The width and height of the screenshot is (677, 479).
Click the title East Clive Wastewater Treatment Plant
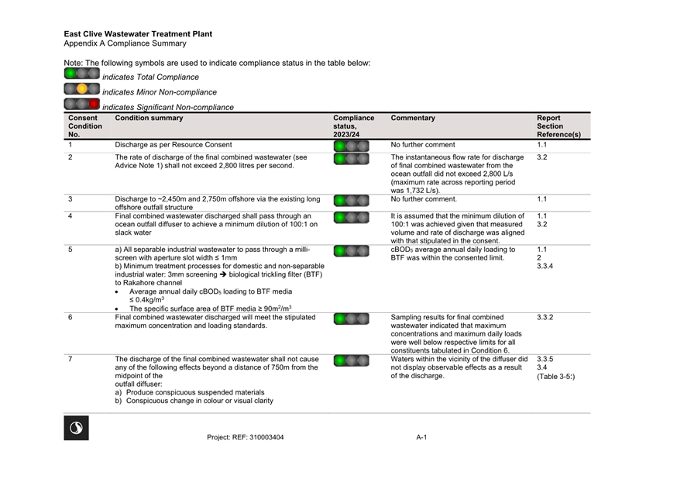click(138, 34)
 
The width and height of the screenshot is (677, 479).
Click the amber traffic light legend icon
click(82, 89)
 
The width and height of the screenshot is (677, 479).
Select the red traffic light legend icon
click(82, 104)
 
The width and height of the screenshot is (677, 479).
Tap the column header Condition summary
click(149, 119)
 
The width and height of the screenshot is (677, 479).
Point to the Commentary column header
click(413, 119)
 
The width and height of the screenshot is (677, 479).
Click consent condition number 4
click(70, 216)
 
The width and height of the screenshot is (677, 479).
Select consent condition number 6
click(70, 317)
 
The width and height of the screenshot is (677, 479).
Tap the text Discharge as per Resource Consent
click(173, 145)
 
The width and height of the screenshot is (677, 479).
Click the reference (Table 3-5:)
click(556, 377)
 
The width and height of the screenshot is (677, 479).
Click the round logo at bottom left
click(76, 428)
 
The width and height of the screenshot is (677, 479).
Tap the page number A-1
click(421, 437)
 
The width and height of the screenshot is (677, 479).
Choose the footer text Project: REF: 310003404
click(245, 437)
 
